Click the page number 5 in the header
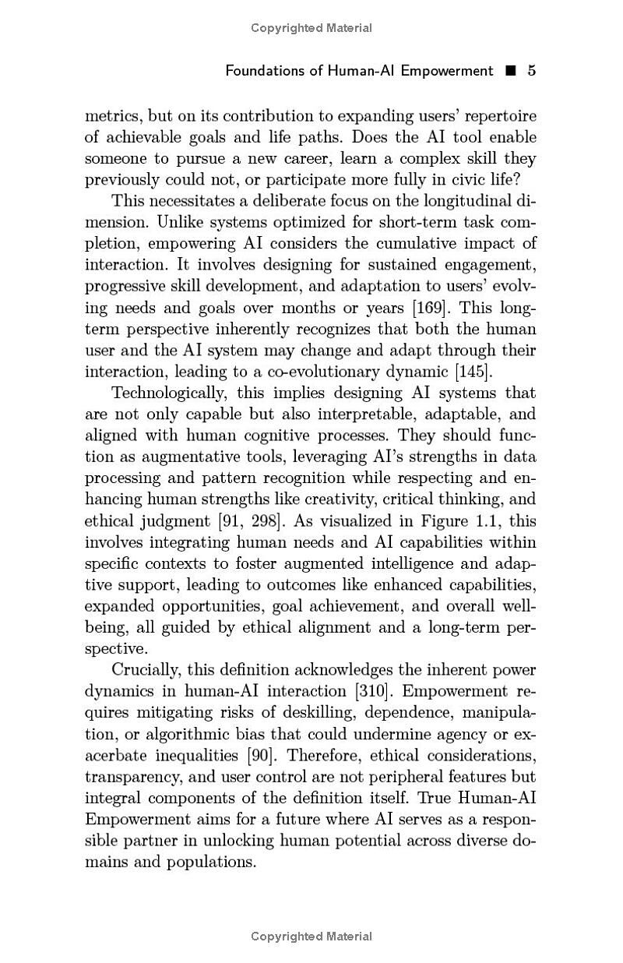click(532, 71)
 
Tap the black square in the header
click(511, 71)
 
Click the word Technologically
click(168, 393)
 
